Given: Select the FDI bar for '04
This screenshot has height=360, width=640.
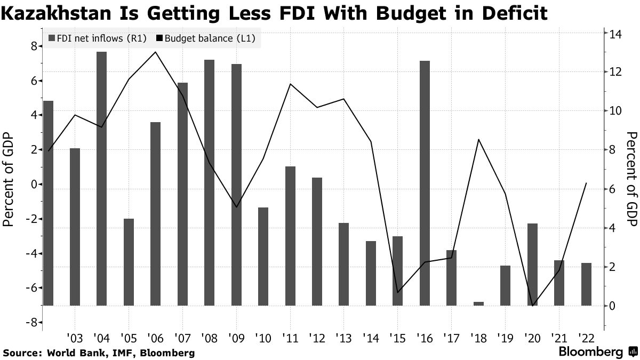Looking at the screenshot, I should click(x=101, y=179).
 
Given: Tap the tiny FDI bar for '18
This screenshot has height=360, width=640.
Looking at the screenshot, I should click(x=478, y=303).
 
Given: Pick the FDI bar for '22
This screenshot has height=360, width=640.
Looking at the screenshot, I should click(x=586, y=284).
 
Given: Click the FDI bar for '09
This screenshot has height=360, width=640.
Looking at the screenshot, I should click(x=236, y=185).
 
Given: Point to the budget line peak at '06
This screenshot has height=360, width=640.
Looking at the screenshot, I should click(x=155, y=52).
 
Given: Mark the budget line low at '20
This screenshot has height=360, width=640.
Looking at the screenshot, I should click(x=532, y=306).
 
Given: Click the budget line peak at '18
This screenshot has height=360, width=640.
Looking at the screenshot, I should click(x=478, y=139).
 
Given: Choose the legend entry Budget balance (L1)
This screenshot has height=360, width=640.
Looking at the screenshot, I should click(x=206, y=38).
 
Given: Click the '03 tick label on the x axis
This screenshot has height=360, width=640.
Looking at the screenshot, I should click(x=75, y=338).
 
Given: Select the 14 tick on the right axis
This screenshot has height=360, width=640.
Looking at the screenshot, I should click(x=616, y=34).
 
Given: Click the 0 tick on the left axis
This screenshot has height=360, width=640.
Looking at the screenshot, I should click(x=33, y=185).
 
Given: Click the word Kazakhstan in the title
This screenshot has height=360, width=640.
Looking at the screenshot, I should click(x=56, y=13).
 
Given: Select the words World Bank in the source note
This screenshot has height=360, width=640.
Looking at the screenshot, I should click(x=68, y=353).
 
